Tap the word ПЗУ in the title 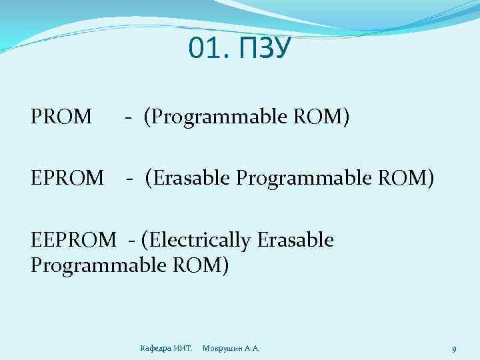(x=264, y=48)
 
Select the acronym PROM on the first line (x=61, y=117)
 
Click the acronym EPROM (x=67, y=179)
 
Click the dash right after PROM (x=127, y=119)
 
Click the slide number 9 (x=453, y=349)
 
